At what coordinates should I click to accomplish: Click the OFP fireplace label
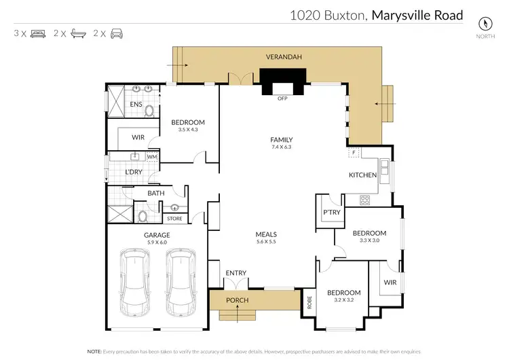coord(282,98)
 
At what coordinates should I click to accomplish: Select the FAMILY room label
coord(281,140)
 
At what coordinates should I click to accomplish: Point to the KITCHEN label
coord(362,175)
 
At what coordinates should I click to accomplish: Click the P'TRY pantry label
coord(331,212)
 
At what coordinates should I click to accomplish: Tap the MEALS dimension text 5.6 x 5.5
coord(265,242)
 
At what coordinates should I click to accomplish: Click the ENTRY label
coord(235,273)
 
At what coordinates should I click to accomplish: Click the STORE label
coord(175,219)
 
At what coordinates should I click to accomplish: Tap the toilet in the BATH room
coord(143,217)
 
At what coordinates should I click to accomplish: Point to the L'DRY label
coord(132,173)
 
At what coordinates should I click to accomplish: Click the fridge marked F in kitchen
coord(354,153)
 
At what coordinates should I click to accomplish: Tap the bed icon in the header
coord(38,33)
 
